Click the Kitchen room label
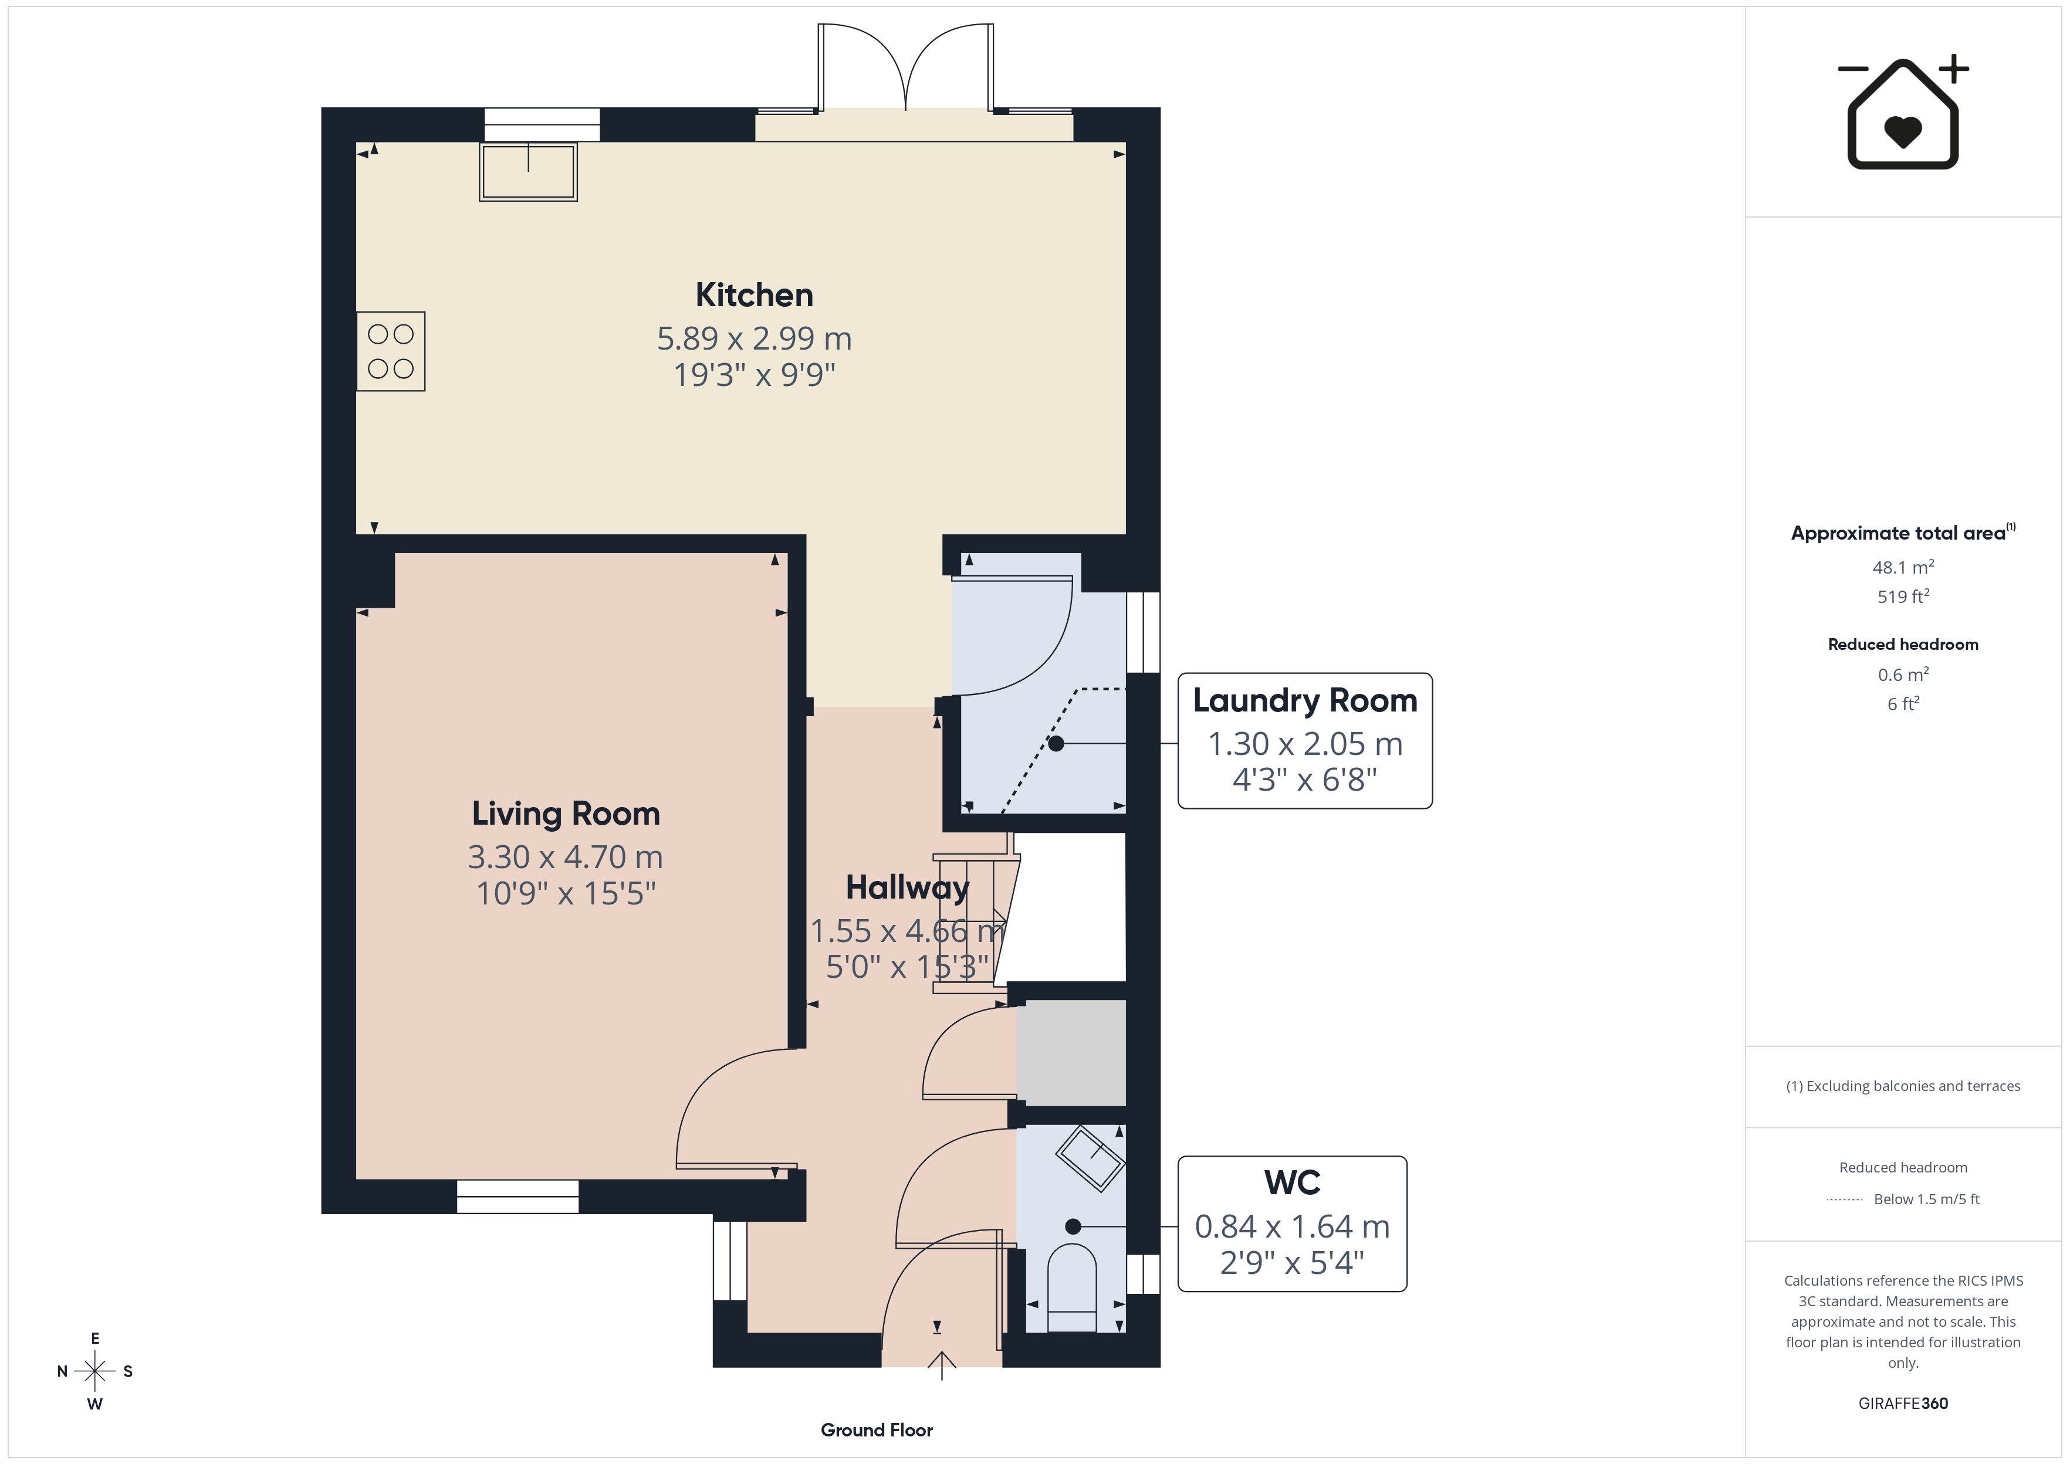[754, 295]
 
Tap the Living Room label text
[565, 813]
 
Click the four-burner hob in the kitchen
[390, 351]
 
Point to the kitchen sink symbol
[528, 171]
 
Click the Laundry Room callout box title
[1304, 700]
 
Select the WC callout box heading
[1292, 1182]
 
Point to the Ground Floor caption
[877, 1430]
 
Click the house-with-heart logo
[1902, 112]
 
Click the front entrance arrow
[941, 1365]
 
